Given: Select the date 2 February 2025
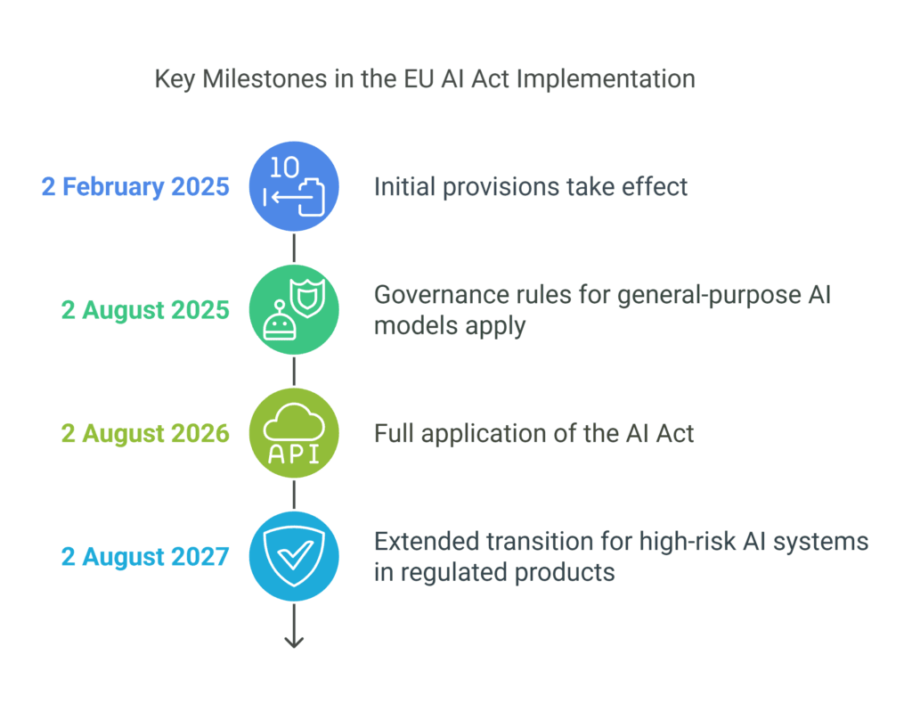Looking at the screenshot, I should pos(135,187).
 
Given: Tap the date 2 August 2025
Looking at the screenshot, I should pos(145,310).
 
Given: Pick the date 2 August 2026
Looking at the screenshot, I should pos(145,434).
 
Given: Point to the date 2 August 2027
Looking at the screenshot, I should pos(145,557).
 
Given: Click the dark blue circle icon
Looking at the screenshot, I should pos(294,186).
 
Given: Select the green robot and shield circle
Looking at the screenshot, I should pos(294,310).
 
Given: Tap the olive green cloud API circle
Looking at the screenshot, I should pos(294,434).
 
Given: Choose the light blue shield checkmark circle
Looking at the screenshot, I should pos(294,557).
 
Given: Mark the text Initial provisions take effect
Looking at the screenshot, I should pos(531,187).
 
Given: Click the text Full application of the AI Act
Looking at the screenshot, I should pos(533,434).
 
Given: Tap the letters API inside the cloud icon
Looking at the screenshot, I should pos(294,454).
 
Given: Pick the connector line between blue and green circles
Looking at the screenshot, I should pos(294,249).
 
